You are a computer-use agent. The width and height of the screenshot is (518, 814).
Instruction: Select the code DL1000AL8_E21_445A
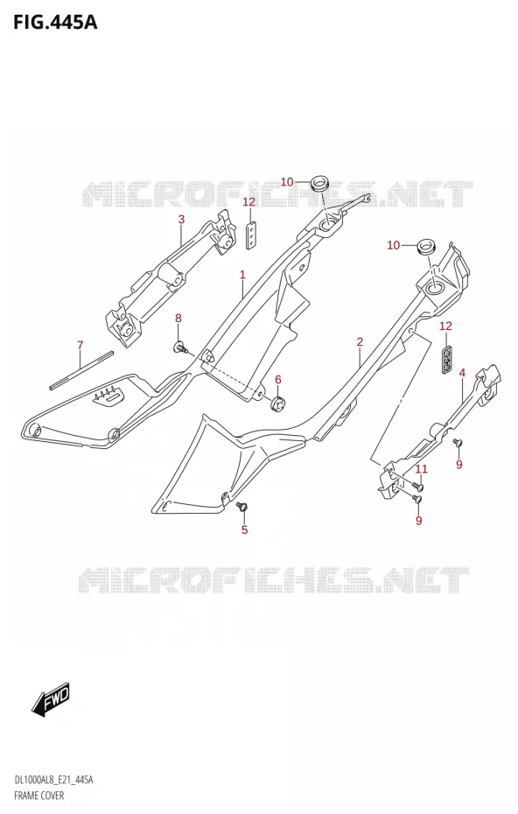[x=53, y=782]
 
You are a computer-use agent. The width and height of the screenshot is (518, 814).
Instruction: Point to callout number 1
[x=242, y=275]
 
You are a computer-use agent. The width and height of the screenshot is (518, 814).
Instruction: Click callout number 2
[x=359, y=341]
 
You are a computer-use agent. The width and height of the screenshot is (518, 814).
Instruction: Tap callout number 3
[x=181, y=220]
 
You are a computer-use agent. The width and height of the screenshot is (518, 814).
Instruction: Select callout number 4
[x=462, y=373]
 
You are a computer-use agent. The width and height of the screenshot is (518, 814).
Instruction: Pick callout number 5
[x=244, y=530]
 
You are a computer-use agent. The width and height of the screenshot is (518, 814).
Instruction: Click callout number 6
[x=277, y=380]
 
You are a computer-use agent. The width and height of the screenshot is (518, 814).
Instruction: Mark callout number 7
[x=80, y=345]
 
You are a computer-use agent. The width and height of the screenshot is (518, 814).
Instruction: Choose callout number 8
[x=178, y=319]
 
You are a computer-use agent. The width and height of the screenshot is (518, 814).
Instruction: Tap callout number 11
[x=421, y=469]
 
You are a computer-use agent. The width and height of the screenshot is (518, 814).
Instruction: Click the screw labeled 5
[x=241, y=506]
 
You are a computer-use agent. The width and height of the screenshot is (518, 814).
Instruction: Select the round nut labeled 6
[x=279, y=402]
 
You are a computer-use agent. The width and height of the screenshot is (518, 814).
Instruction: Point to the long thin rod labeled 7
[x=81, y=370]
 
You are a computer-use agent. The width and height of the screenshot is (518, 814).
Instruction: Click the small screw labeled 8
[x=180, y=347]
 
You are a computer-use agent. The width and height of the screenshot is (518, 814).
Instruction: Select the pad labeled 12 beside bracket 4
[x=447, y=358]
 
